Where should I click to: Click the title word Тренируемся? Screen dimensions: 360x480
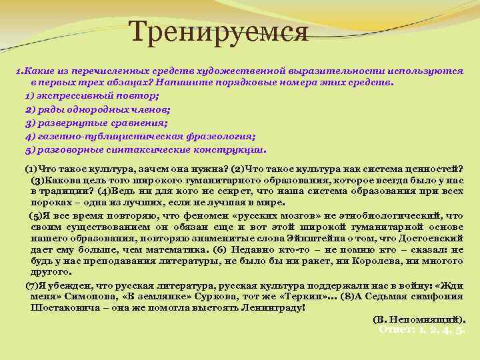(218, 31)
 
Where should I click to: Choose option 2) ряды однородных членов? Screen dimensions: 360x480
(97, 109)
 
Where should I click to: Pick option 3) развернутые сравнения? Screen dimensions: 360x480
(96, 123)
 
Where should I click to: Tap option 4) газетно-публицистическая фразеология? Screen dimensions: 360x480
(140, 137)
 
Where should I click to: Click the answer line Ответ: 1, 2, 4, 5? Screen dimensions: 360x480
(421, 329)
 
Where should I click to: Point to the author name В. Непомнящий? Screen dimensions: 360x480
(419, 319)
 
